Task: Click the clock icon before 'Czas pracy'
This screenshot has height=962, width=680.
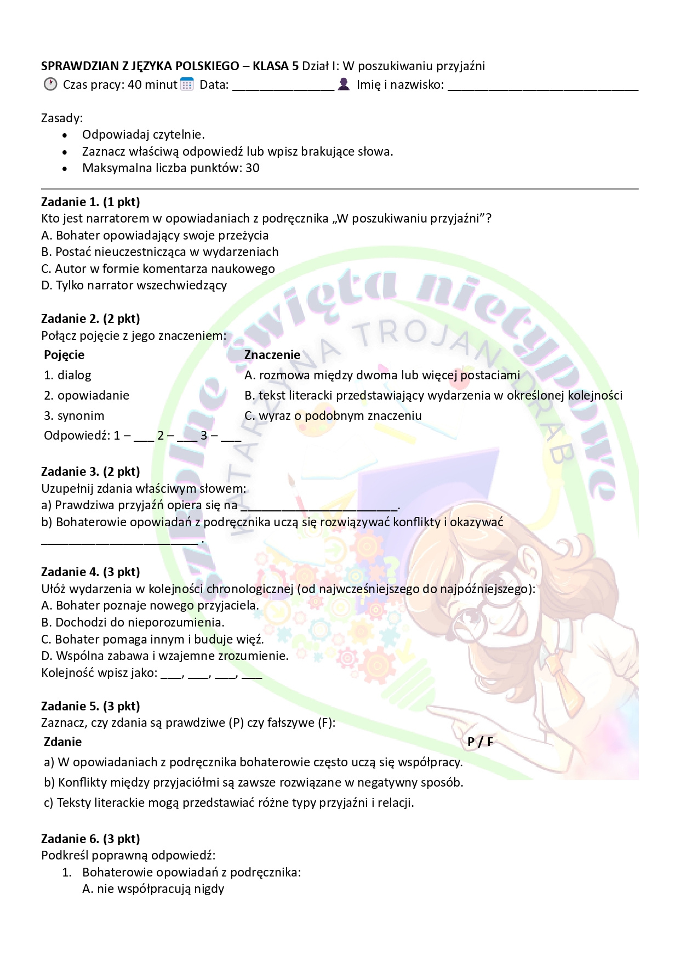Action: (x=50, y=84)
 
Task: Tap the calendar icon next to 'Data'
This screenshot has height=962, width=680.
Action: (x=187, y=84)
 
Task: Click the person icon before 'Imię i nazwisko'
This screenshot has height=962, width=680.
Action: (x=344, y=84)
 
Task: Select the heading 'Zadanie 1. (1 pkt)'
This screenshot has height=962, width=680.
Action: (x=90, y=202)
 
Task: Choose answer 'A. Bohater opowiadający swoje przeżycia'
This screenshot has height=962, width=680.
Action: (x=155, y=235)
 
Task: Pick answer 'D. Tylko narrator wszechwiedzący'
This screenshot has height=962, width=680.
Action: (x=134, y=285)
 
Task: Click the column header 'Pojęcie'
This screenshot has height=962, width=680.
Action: (x=64, y=355)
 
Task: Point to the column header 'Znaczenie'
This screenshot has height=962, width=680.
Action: (x=272, y=355)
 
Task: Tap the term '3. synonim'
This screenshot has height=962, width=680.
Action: (x=74, y=415)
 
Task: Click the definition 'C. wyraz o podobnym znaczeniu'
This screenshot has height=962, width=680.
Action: (x=333, y=415)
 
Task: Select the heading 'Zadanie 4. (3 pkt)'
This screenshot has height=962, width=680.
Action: (x=90, y=572)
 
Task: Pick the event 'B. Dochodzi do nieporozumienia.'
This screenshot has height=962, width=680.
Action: (x=133, y=622)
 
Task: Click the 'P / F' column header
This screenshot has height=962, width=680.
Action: (x=480, y=742)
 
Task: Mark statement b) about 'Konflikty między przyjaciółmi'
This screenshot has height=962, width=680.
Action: (x=253, y=782)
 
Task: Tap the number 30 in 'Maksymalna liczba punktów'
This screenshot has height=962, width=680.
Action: (x=253, y=168)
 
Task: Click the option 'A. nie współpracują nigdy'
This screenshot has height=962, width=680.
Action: (x=153, y=889)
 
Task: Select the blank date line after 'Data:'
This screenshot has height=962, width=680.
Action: (x=283, y=86)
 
